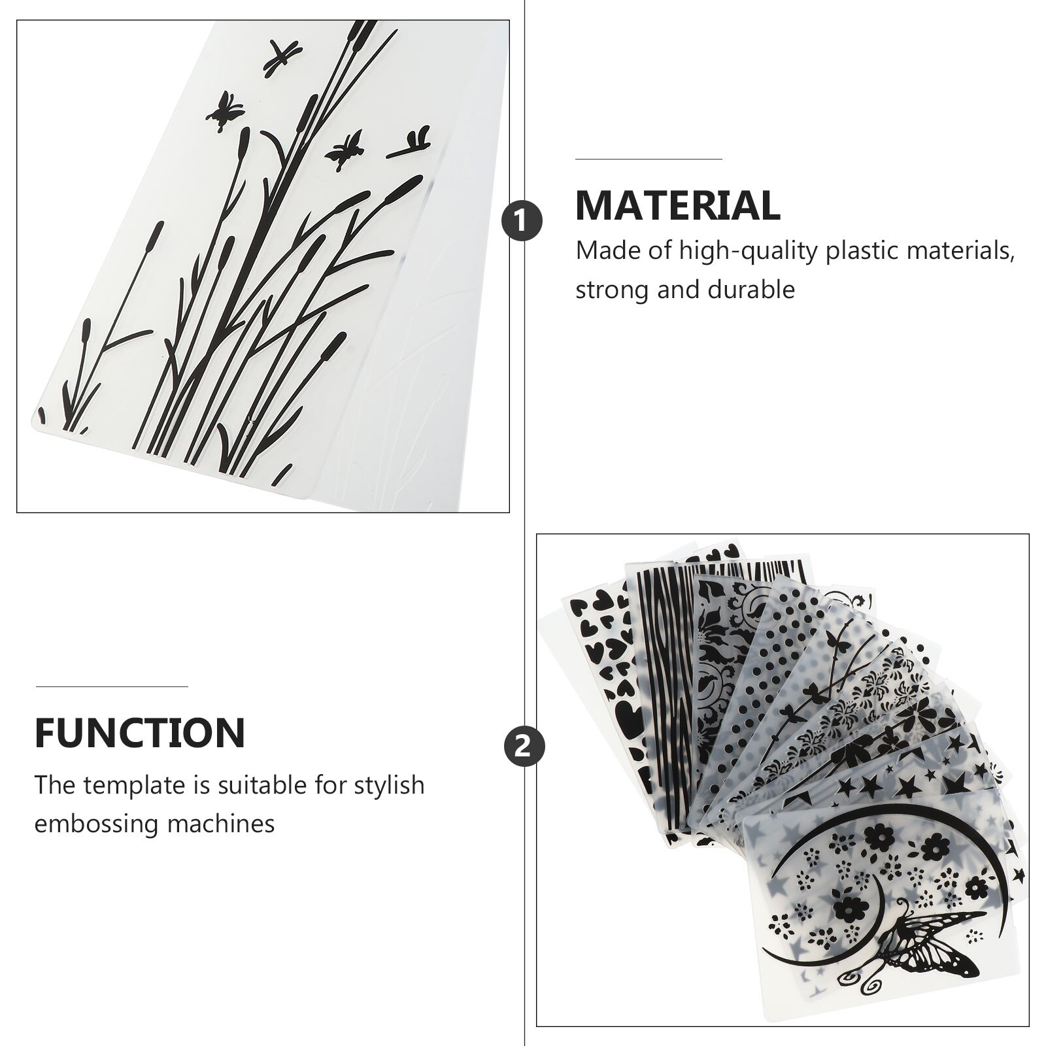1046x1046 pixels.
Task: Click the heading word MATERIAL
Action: (677, 205)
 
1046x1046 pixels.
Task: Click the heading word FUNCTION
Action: (140, 733)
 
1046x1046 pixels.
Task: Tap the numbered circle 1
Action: (522, 221)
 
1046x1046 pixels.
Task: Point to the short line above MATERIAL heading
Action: (649, 159)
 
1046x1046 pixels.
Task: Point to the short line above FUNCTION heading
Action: (112, 686)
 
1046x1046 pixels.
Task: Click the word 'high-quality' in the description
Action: (749, 251)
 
